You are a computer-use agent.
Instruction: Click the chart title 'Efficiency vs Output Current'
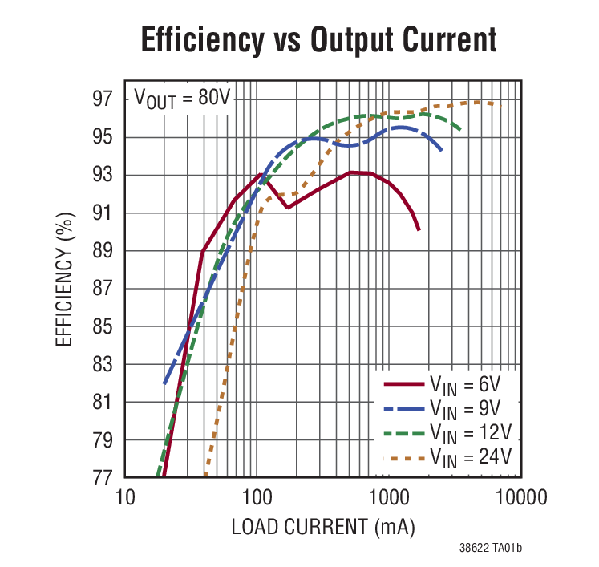318,40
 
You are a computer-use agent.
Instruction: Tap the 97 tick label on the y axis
102,99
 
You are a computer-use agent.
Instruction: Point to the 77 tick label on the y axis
102,478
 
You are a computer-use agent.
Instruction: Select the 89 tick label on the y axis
102,251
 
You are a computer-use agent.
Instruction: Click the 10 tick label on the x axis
124,498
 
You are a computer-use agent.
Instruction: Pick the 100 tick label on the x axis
257,498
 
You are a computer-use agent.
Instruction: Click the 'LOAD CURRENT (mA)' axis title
323,527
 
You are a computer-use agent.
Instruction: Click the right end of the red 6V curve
419,229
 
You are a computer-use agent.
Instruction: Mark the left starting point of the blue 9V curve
164,383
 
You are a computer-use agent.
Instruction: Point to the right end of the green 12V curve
460,130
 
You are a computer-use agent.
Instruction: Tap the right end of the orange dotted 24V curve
501,106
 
